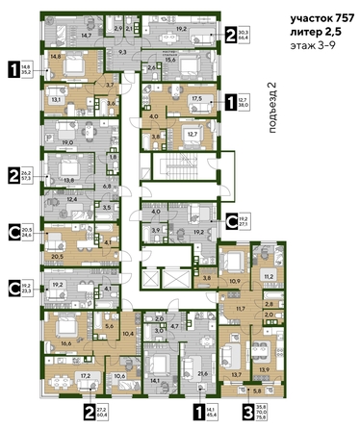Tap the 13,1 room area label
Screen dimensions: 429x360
pos(57,99)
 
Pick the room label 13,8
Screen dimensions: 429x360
pos(68,180)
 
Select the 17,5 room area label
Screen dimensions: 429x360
pos(195,97)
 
